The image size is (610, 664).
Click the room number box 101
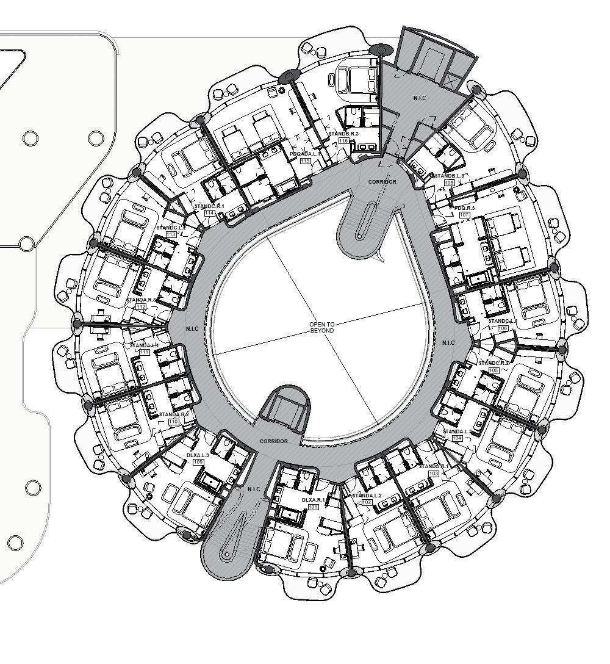[x=313, y=507]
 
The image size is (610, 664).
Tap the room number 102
[x=367, y=502]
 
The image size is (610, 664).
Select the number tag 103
[x=434, y=474]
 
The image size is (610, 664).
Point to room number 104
[x=457, y=438]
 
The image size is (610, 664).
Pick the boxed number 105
[x=493, y=370]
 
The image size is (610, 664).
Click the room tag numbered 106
[x=503, y=328]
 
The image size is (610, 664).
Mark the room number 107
[x=464, y=215]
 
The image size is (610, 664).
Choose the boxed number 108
[x=450, y=182]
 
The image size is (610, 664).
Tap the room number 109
[x=198, y=462]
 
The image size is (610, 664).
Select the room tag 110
[x=173, y=422]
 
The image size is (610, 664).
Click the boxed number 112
[x=141, y=307]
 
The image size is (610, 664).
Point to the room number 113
[x=171, y=234]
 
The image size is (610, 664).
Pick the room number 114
[x=209, y=213]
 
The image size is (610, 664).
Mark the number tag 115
[x=305, y=161]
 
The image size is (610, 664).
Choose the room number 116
[x=343, y=141]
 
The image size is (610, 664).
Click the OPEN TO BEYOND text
[x=322, y=327]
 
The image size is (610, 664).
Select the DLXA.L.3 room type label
[x=198, y=455]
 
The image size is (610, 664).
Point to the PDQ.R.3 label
[x=465, y=208]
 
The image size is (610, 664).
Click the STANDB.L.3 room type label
[x=450, y=176]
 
